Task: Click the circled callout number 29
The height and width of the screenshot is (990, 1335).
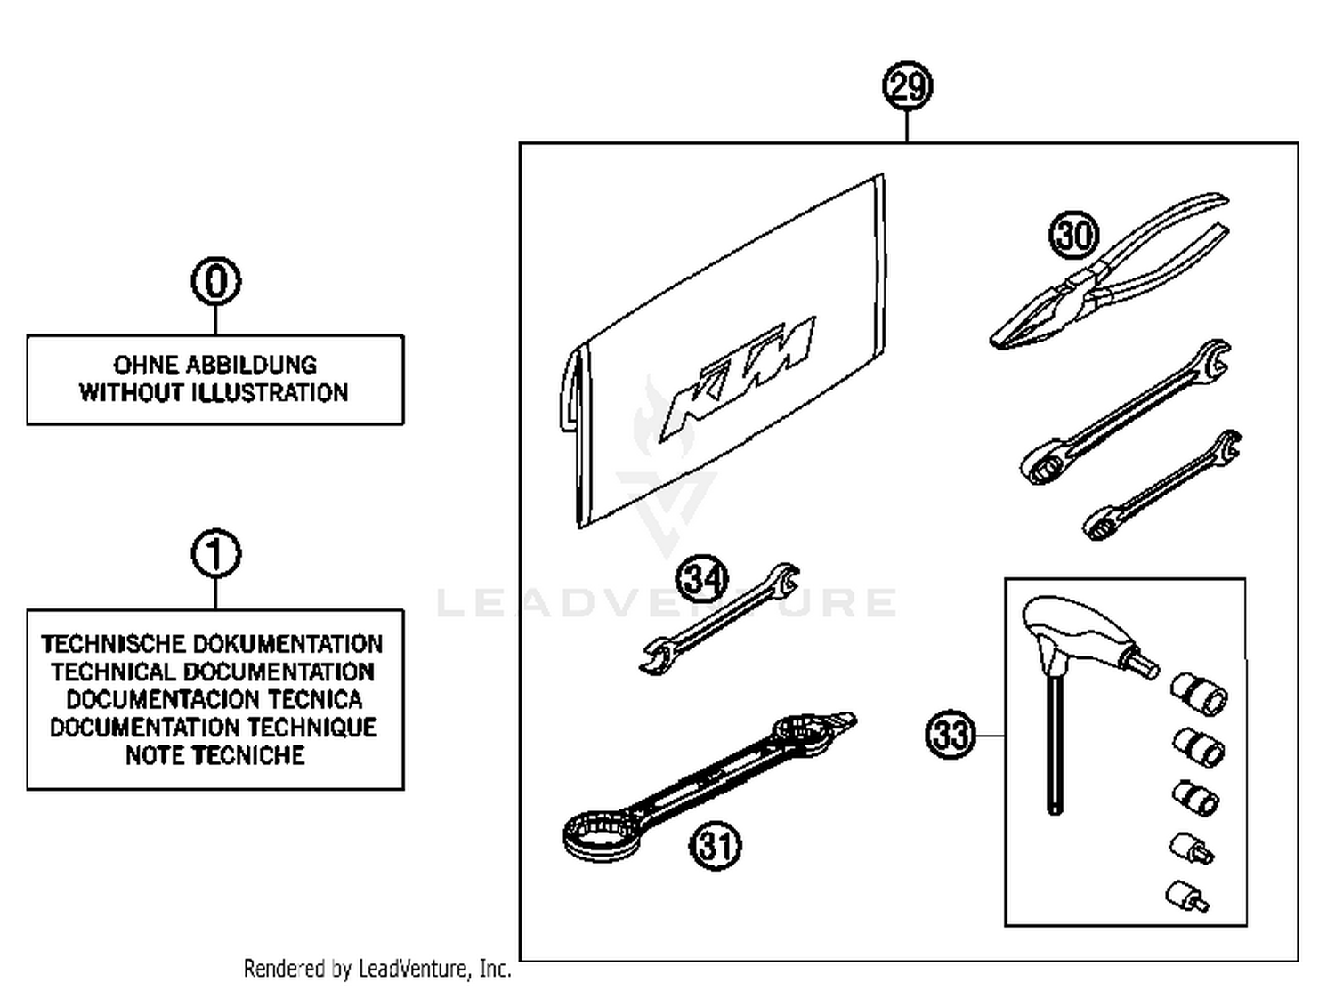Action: click(907, 86)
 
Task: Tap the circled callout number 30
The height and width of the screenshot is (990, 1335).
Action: click(1074, 235)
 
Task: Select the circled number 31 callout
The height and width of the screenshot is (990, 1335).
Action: click(716, 845)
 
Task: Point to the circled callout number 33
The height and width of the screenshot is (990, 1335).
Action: click(951, 736)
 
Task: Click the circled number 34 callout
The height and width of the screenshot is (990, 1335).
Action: click(703, 580)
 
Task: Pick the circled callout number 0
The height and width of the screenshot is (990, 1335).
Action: click(216, 281)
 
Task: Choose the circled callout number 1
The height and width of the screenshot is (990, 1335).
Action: click(216, 554)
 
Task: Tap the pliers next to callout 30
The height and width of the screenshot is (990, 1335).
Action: click(1112, 276)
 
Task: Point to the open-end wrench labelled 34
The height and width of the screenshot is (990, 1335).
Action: click(719, 618)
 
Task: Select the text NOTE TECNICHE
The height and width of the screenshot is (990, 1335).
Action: click(214, 755)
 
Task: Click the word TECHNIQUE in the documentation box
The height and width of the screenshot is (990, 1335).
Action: click(311, 727)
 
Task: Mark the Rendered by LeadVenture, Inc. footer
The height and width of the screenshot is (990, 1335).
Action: click(377, 968)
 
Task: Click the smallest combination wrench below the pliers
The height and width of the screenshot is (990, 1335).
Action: click(1161, 487)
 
